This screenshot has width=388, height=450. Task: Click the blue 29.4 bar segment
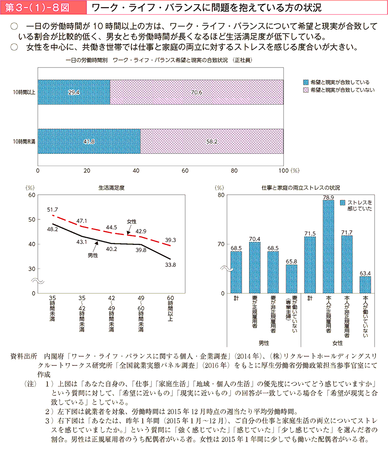click(x=74, y=92)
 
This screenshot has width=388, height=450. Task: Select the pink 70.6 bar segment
click(x=197, y=92)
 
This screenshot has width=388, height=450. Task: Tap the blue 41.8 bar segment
click(x=89, y=142)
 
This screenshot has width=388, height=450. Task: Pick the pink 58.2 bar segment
click(x=212, y=142)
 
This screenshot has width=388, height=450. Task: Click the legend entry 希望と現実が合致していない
click(x=339, y=90)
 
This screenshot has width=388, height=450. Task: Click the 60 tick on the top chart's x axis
click(x=185, y=170)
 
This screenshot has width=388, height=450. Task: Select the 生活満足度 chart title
click(x=112, y=188)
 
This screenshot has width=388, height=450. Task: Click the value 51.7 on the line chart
click(x=52, y=209)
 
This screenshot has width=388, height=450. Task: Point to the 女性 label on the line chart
click(x=132, y=221)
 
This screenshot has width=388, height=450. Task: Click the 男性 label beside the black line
click(x=93, y=255)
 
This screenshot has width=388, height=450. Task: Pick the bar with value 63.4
click(x=365, y=284)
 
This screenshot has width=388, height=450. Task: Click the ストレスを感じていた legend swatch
click(x=343, y=203)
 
